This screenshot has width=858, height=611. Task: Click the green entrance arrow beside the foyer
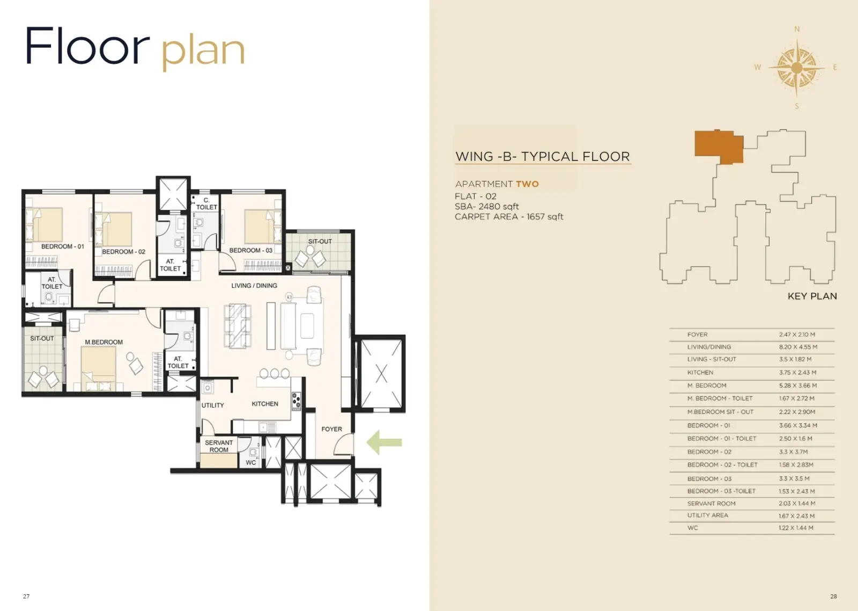(x=384, y=442)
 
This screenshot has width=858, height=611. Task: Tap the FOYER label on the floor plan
(x=332, y=429)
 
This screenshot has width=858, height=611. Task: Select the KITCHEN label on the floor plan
(x=265, y=404)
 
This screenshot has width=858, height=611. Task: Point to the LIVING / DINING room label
(x=254, y=285)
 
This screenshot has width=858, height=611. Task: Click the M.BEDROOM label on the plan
(x=104, y=342)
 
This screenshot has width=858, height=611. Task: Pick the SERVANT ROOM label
(x=219, y=446)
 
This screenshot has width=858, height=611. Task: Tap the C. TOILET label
(x=207, y=203)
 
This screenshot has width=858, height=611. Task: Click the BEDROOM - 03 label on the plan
(x=250, y=250)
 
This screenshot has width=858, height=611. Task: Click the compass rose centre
(x=797, y=68)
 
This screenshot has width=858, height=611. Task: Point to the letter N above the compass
(x=797, y=29)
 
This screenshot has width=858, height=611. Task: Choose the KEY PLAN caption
(x=812, y=296)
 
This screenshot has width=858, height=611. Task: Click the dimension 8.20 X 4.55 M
(x=798, y=347)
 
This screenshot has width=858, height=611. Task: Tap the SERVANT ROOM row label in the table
(x=711, y=503)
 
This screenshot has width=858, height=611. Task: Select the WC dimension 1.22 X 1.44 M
(x=796, y=528)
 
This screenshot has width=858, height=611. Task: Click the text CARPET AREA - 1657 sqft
(x=509, y=217)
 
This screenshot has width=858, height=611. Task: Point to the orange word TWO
(x=527, y=184)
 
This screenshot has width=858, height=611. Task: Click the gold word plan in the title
(x=203, y=52)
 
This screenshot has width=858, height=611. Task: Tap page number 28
(x=833, y=597)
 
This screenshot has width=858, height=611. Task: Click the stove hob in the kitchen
(x=297, y=401)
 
